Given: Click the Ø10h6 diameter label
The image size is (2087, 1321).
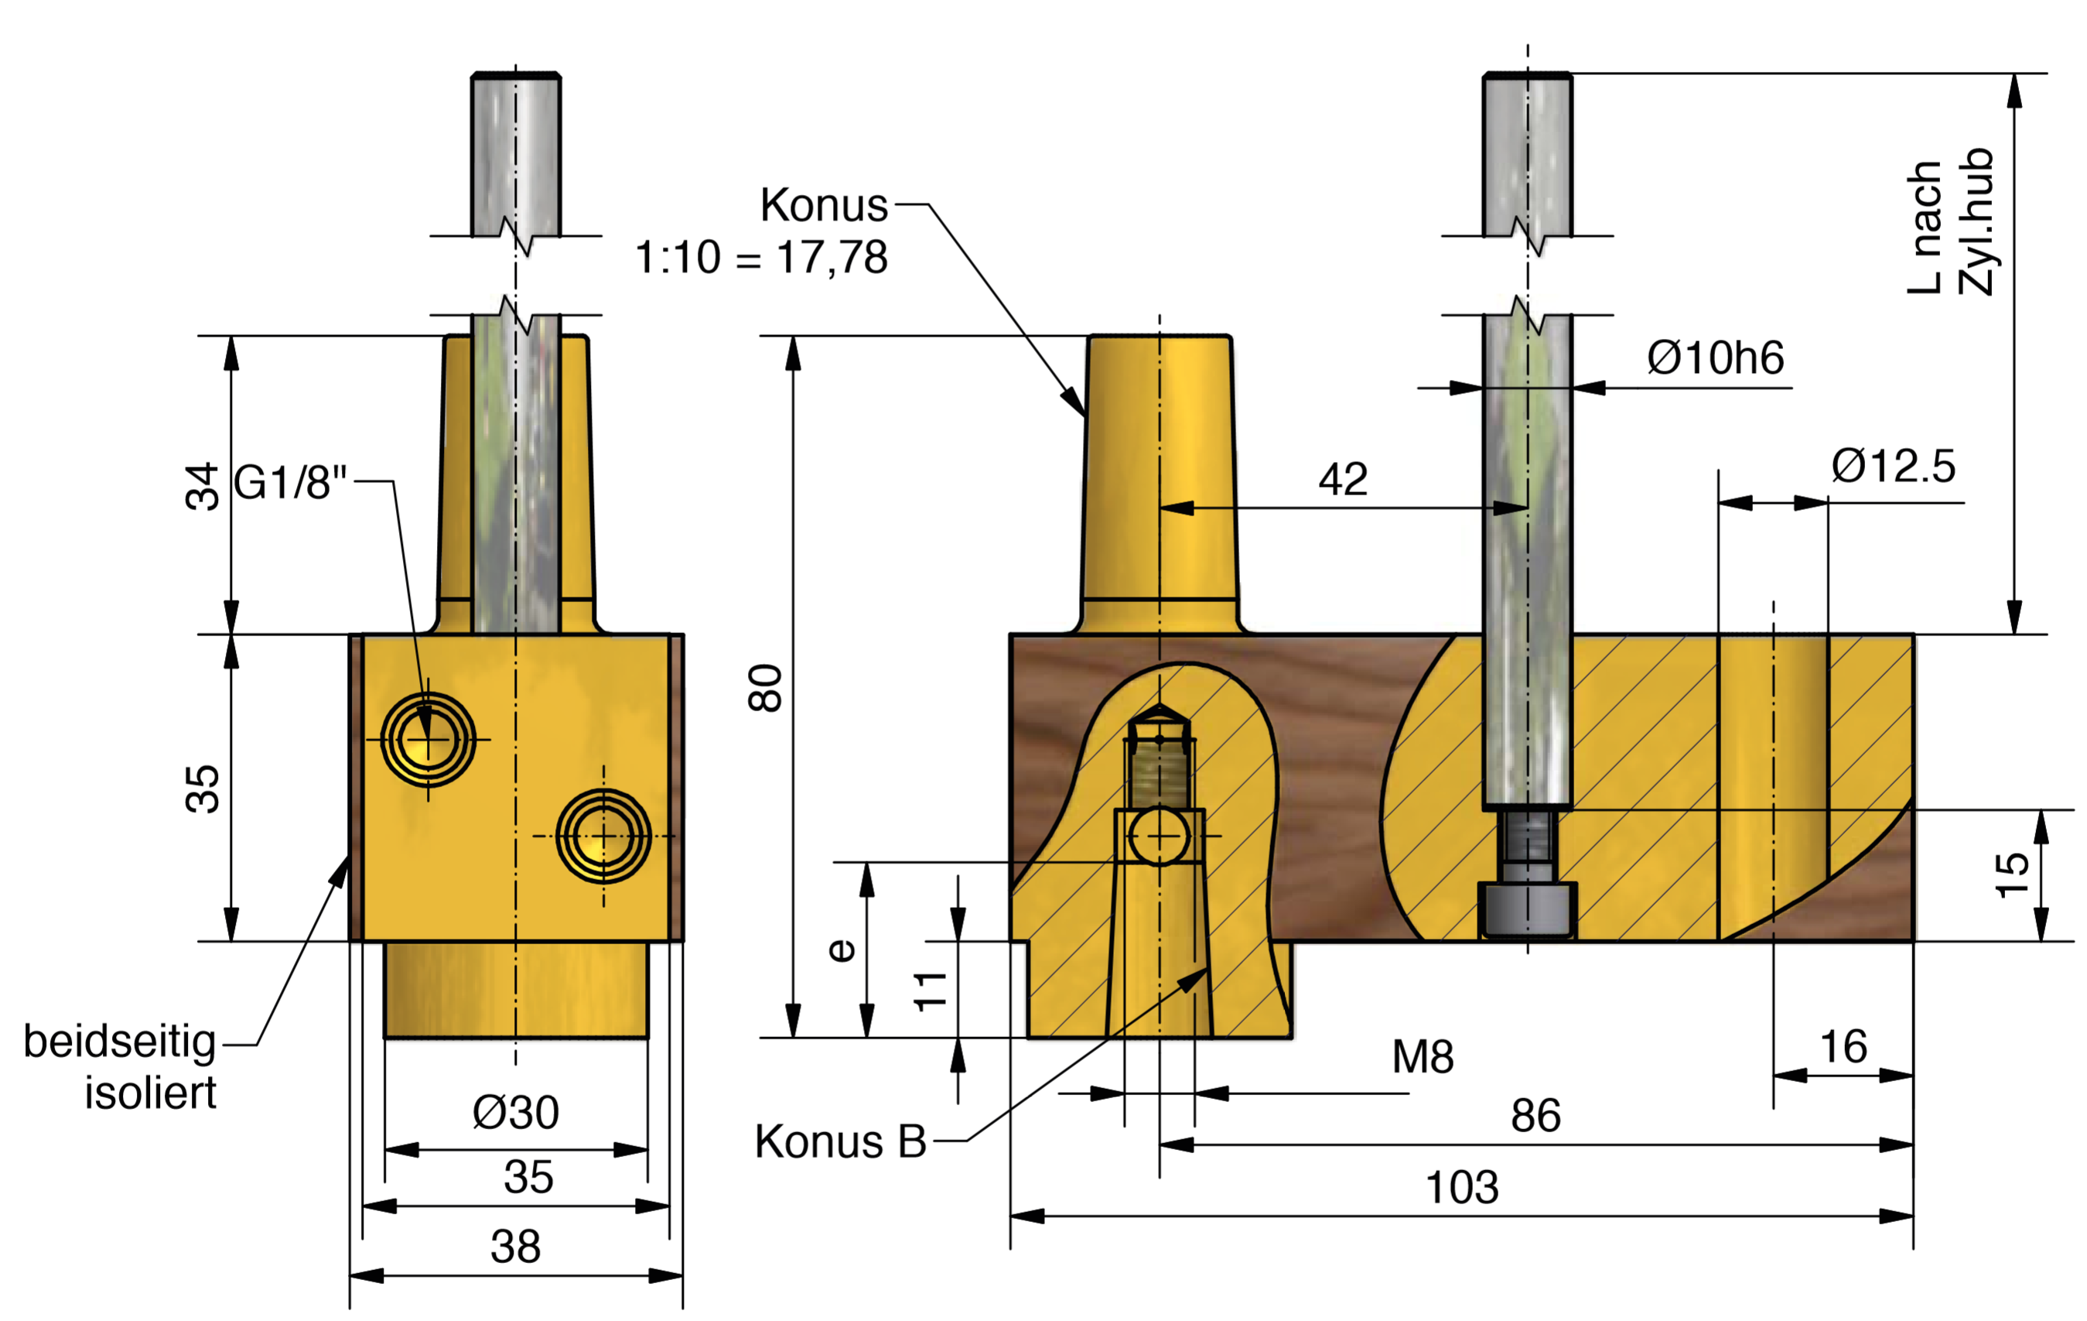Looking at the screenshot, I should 1714,358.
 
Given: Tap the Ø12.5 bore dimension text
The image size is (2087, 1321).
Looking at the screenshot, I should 1893,467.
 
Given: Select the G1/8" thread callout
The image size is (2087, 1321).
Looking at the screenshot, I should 290,483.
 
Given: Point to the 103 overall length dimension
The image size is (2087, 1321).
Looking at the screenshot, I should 1461,1186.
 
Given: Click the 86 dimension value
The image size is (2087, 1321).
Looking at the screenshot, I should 1535,1116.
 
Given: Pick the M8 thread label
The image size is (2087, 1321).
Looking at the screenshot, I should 1423,1056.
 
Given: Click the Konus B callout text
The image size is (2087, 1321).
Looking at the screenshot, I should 840,1141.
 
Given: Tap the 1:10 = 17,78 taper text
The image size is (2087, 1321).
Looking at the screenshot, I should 761,258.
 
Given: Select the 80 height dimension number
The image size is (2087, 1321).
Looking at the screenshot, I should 766,688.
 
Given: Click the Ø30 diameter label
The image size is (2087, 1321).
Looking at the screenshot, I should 516,1112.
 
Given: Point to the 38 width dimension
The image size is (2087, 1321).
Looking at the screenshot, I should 516,1247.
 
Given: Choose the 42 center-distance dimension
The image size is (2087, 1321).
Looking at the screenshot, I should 1343,479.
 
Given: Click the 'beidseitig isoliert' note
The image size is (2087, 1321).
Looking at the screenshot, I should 121,1067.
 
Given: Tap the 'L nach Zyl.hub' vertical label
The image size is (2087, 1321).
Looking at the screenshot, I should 1950,224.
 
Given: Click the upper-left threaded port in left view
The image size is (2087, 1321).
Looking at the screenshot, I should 427,739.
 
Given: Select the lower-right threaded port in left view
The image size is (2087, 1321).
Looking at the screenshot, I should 603,836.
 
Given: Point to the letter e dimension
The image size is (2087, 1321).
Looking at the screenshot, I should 841,951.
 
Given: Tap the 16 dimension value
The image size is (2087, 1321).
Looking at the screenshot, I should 1843,1047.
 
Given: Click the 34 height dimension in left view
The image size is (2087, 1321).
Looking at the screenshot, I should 203,486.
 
